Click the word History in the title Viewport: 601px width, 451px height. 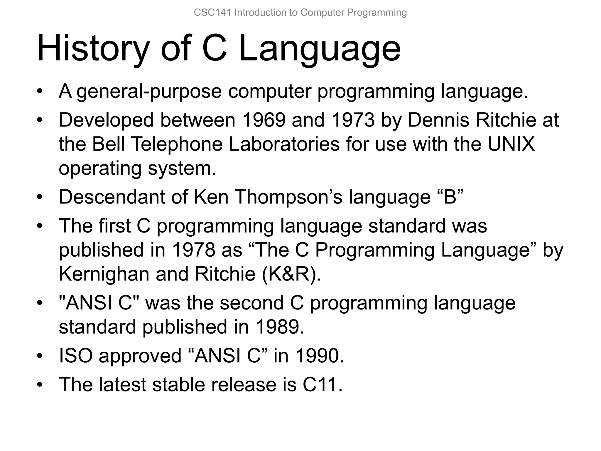click(93, 48)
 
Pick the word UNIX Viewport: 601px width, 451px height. click(511, 144)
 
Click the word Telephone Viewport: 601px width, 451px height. click(176, 144)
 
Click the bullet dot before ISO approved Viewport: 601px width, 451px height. click(40, 356)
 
